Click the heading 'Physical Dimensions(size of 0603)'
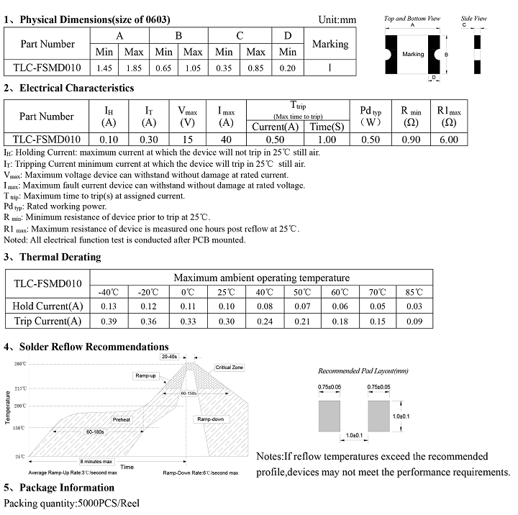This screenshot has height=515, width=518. click(x=94, y=19)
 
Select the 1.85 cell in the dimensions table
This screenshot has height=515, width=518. click(x=134, y=68)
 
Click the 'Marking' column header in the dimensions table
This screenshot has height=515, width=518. click(x=330, y=44)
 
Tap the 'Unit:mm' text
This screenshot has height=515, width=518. click(x=337, y=19)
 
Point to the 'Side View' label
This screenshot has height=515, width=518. click(x=473, y=18)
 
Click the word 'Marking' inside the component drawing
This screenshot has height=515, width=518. click(x=413, y=54)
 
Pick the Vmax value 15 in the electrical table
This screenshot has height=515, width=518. click(x=188, y=140)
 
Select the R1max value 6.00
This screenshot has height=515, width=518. click(x=448, y=140)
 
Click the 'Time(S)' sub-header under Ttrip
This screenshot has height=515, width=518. click(x=327, y=127)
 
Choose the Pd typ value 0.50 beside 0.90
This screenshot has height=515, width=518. click(x=371, y=140)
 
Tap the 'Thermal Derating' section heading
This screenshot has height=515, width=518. click(x=60, y=257)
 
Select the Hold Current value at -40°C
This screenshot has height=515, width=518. click(x=108, y=306)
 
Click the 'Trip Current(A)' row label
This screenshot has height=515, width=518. click(x=47, y=321)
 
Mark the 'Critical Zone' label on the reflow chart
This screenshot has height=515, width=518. click(x=230, y=368)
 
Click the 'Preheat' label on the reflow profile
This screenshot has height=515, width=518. click(x=122, y=419)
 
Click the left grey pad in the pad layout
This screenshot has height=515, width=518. click(x=330, y=416)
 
